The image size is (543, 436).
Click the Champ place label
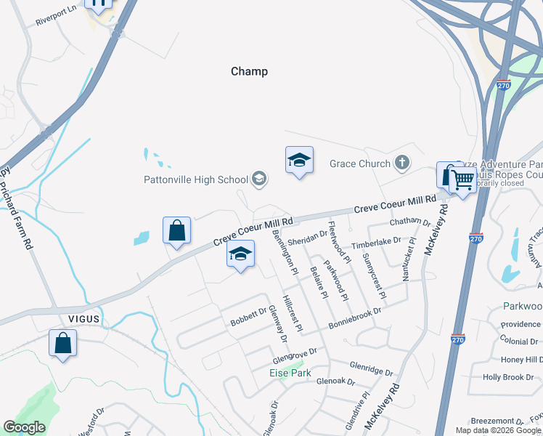click(x=249, y=71)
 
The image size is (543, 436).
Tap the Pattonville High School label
click(x=196, y=179)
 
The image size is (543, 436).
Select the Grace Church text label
click(x=360, y=163)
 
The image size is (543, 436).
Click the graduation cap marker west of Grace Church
click(x=298, y=160)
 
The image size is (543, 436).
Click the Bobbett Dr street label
click(x=250, y=318)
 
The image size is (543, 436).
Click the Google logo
click(x=24, y=427)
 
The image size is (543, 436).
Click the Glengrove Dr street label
click(x=295, y=354)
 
